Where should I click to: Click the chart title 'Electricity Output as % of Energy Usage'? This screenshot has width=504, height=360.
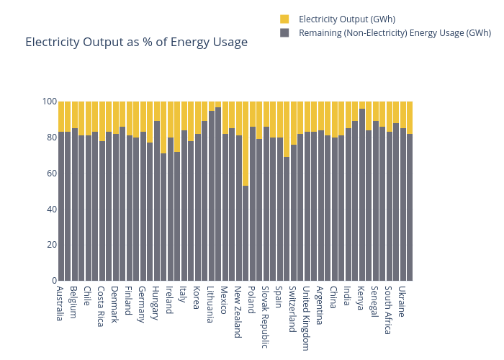click(136, 42)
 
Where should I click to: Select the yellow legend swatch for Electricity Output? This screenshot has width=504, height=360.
click(284, 19)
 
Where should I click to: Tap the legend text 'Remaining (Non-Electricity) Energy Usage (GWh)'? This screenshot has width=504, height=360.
click(395, 33)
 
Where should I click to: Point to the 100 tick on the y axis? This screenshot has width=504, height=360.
click(48, 102)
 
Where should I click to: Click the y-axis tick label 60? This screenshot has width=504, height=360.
click(50, 174)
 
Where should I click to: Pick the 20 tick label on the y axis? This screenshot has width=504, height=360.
click(50, 245)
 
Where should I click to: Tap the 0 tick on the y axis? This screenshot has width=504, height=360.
click(53, 281)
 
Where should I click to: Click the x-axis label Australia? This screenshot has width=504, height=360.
click(60, 303)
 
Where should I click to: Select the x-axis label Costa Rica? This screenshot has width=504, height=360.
click(102, 306)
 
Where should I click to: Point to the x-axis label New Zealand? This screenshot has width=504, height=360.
click(238, 312)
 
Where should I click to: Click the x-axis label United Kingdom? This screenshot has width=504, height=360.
click(307, 318)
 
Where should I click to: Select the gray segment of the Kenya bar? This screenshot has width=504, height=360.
click(361, 194)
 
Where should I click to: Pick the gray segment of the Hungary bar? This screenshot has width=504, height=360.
click(157, 201)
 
